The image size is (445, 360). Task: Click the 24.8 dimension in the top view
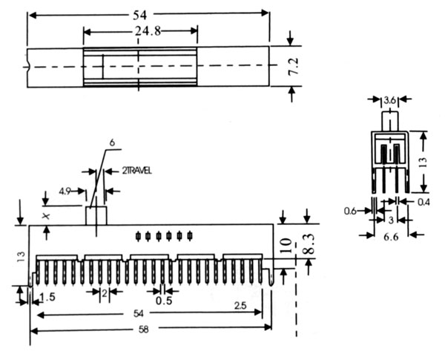[139, 32]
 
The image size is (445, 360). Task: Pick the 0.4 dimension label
[423, 202]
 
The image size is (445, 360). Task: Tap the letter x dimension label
[46, 215]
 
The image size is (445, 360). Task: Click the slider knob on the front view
[96, 215]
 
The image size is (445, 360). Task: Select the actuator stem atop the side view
[389, 121]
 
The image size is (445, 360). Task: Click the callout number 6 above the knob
[112, 143]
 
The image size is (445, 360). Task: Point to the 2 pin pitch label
[105, 294]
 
